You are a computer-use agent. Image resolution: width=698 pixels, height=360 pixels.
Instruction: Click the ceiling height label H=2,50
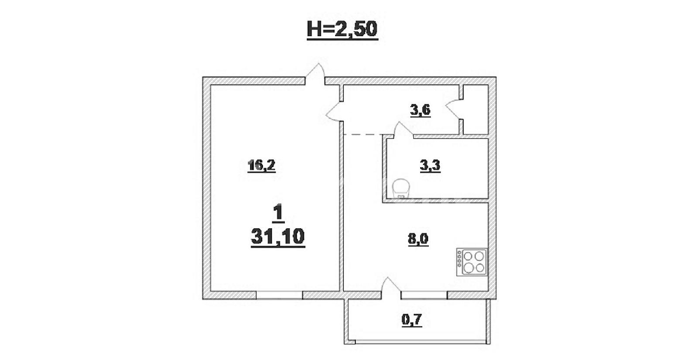(x=342, y=30)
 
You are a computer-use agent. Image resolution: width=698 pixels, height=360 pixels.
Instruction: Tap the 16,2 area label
(x=261, y=165)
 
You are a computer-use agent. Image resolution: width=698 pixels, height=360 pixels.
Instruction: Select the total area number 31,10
(x=278, y=237)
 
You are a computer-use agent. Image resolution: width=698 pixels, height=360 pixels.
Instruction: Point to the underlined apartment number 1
(x=278, y=213)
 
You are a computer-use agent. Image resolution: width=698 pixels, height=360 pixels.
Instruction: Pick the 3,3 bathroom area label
(x=430, y=166)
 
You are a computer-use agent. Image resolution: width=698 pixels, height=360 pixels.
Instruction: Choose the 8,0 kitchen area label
(x=418, y=240)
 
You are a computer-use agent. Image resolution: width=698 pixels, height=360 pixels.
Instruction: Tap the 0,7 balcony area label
(x=412, y=320)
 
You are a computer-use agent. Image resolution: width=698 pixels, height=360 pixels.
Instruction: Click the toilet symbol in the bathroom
(x=401, y=188)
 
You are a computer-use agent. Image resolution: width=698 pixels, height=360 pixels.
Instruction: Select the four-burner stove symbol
(x=472, y=262)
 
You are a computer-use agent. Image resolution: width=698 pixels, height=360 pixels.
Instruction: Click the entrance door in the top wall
(x=315, y=74)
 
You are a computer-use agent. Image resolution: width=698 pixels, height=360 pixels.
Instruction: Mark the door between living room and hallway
(x=335, y=111)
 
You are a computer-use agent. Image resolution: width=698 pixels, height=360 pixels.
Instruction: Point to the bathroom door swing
(x=403, y=129)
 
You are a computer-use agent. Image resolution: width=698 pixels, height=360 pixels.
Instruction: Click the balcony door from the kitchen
(x=391, y=285)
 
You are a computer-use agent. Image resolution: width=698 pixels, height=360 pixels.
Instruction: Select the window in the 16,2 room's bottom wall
(x=279, y=295)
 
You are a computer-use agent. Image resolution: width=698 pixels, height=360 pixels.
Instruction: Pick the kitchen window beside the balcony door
(x=424, y=295)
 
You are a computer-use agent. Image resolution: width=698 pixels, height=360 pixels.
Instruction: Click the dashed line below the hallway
(x=363, y=134)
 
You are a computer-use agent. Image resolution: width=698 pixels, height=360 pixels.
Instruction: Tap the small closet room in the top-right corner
(x=476, y=110)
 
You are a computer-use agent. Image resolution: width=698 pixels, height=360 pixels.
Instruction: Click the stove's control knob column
(x=459, y=259)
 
